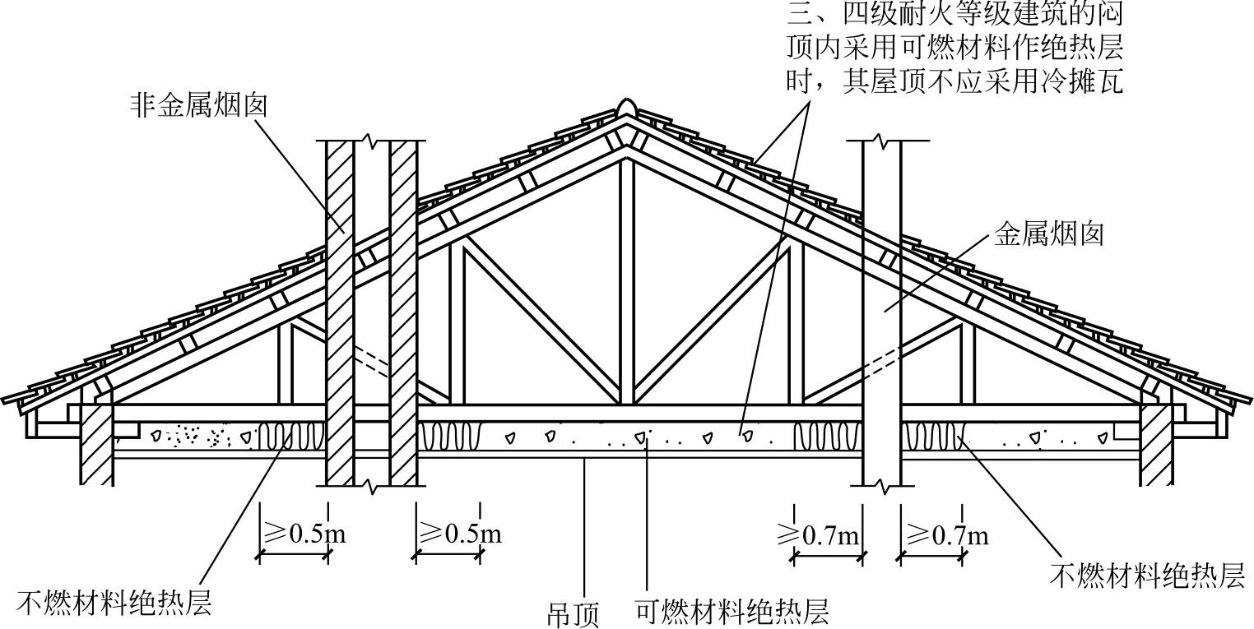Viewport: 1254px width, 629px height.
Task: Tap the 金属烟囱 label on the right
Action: click(1048, 235)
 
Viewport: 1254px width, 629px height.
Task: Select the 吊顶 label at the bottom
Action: click(573, 613)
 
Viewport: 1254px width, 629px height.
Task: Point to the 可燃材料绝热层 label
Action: click(731, 611)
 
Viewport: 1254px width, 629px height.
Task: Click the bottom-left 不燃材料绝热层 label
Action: click(114, 603)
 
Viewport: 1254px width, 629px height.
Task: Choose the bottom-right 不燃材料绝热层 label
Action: click(1147, 575)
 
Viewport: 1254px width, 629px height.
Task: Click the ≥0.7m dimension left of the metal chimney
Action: click(820, 536)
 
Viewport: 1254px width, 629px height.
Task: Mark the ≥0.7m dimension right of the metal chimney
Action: click(945, 536)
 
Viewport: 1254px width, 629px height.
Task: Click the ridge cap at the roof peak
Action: click(626, 109)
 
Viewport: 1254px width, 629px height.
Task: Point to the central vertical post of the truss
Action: click(627, 280)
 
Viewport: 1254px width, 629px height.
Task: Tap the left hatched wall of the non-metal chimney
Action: click(340, 312)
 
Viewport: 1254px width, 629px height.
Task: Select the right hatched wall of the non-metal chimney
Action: click(403, 312)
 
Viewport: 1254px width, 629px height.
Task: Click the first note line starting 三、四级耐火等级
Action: click(954, 14)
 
